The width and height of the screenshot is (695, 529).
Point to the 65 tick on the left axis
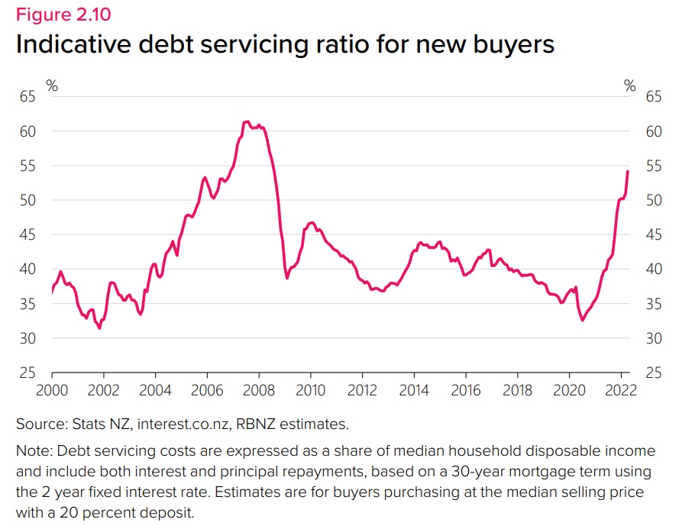(x=27, y=97)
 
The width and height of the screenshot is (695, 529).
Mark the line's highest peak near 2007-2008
(x=246, y=121)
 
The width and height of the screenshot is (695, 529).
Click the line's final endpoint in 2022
(x=627, y=171)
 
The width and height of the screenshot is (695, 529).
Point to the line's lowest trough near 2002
(x=99, y=328)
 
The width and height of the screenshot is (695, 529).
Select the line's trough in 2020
(x=582, y=320)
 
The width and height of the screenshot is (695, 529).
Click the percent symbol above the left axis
(x=52, y=85)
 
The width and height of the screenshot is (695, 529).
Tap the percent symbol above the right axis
(x=629, y=85)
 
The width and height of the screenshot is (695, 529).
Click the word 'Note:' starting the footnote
(x=35, y=451)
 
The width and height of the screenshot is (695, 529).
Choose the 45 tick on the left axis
(x=27, y=235)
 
